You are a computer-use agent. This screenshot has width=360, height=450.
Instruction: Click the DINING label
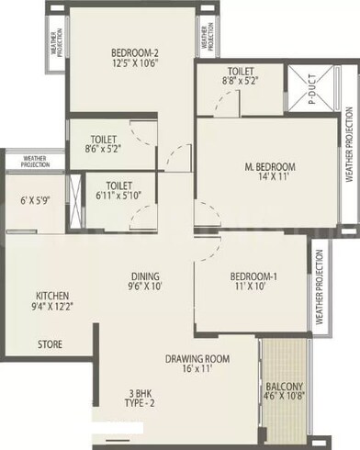click(x=145, y=276)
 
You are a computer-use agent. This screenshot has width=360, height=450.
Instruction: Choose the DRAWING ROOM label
click(x=197, y=359)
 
